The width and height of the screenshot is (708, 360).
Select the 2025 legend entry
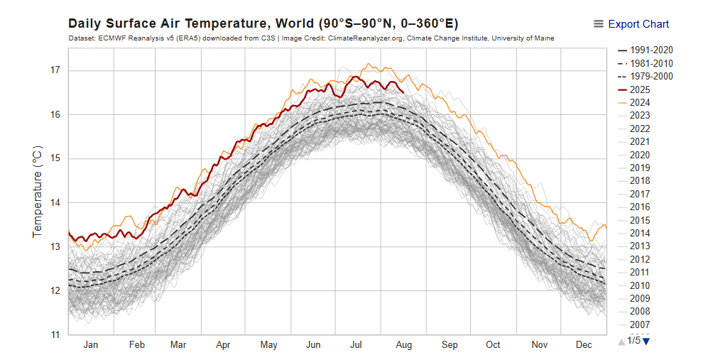coord(640,89)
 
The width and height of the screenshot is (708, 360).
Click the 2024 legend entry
coord(640,102)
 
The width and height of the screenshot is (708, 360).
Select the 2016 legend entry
coord(640,207)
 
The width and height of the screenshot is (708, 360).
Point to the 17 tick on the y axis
coord(55,70)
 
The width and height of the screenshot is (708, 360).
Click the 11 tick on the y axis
coord(55,334)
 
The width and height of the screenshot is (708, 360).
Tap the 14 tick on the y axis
coord(55,202)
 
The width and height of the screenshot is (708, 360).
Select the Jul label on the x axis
coord(356,345)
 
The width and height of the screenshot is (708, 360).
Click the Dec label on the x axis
coord(584,345)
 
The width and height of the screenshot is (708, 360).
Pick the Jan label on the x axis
coord(91,345)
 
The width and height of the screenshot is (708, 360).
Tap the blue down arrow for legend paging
coord(646,341)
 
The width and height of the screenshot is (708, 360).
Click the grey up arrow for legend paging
coord(622,342)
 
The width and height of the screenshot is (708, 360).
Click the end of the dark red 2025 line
coord(403,92)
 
